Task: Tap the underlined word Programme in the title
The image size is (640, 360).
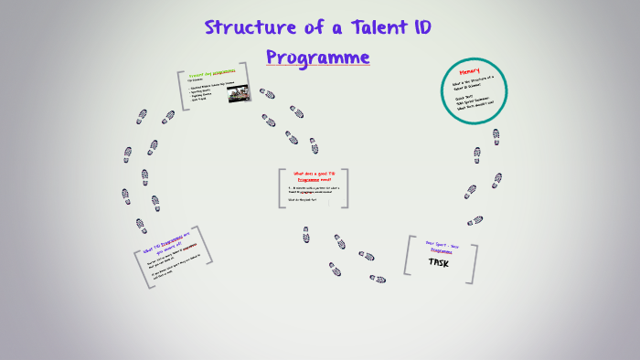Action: pos(318,57)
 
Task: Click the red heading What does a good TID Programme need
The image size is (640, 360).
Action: pos(313,175)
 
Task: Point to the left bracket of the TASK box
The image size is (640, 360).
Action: pos(407,256)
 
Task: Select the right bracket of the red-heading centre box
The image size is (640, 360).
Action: pos(345,187)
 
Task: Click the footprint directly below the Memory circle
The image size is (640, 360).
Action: pos(496,136)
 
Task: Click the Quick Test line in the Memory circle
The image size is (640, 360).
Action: pos(465,98)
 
